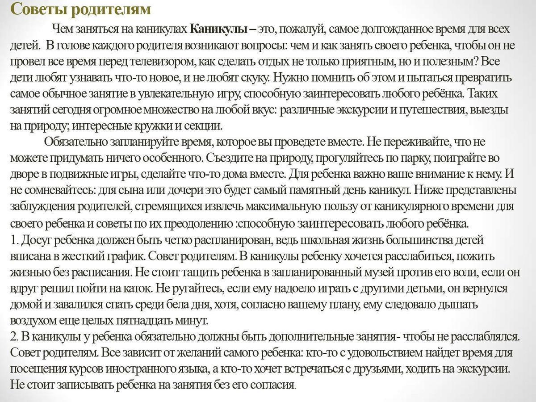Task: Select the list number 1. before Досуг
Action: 13,240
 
